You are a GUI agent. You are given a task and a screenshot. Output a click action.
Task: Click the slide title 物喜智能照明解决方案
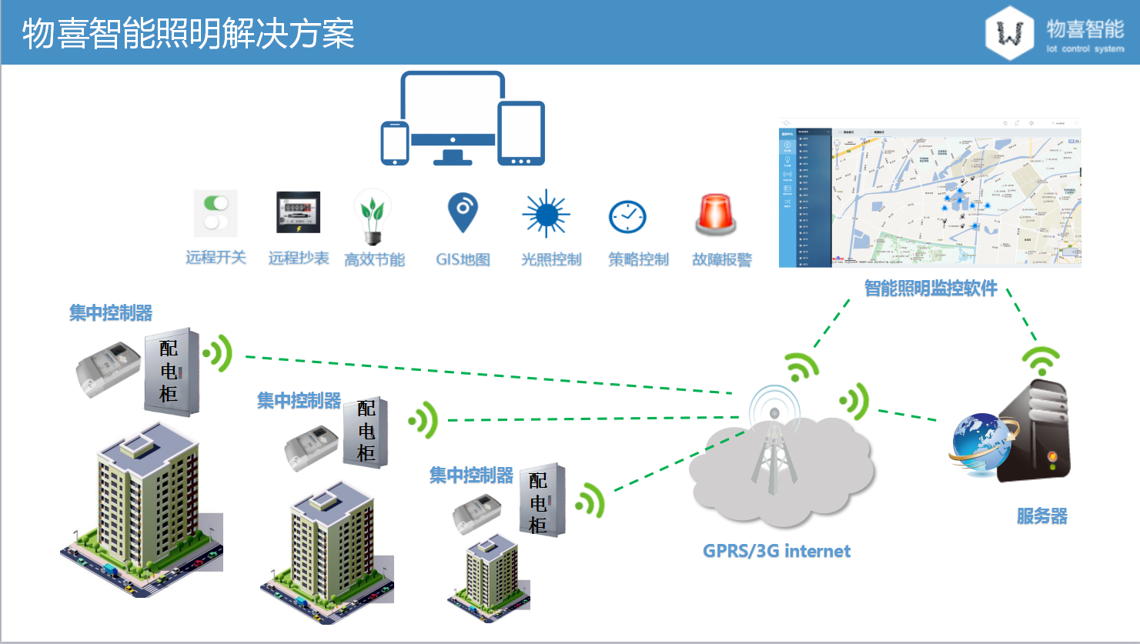[x=188, y=33]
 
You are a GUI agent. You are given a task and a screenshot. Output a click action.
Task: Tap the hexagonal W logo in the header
[x=1009, y=33]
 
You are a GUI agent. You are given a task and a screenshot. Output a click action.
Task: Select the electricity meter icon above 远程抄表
[x=298, y=212]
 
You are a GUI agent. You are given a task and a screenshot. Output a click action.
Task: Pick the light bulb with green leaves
[x=373, y=216]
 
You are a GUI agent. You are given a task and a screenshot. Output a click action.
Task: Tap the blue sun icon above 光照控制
[x=546, y=213]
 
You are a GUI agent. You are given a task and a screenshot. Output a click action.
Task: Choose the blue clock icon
[x=628, y=217]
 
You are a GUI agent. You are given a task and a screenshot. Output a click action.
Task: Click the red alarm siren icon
[x=716, y=214]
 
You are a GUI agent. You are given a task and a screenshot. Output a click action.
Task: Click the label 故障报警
[x=722, y=259]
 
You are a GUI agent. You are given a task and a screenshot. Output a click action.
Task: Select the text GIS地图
[x=463, y=259]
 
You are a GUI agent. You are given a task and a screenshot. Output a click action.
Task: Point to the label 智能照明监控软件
[x=930, y=289]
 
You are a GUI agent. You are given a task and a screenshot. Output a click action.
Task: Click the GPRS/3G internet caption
[x=776, y=551]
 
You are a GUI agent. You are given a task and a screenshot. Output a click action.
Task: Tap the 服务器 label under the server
[x=1041, y=516]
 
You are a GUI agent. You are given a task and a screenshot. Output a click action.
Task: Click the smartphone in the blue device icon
[x=395, y=143]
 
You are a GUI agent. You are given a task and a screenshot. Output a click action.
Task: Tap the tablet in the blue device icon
[x=521, y=133]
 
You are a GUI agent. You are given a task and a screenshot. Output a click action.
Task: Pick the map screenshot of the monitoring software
[x=930, y=193]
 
